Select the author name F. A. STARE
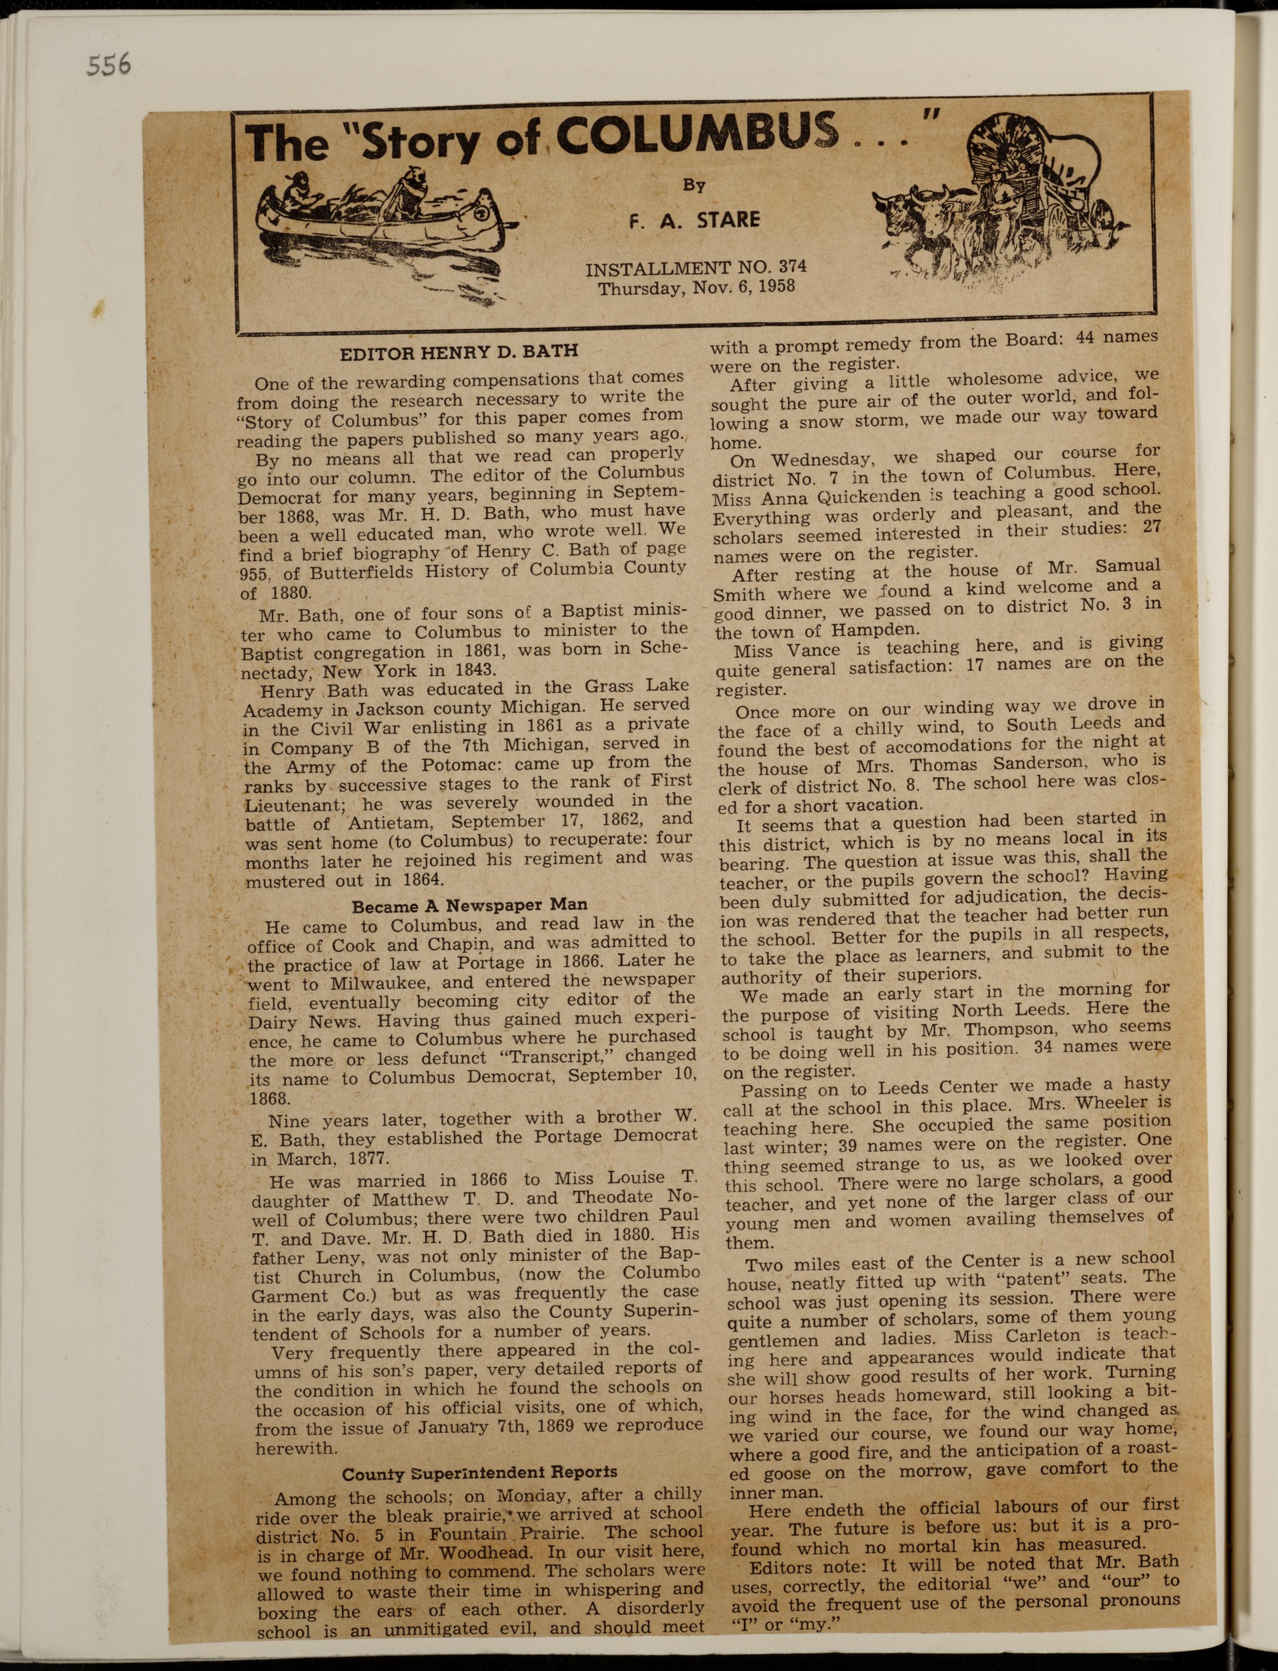694,221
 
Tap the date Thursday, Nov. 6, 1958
696,287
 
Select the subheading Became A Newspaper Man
469,906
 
